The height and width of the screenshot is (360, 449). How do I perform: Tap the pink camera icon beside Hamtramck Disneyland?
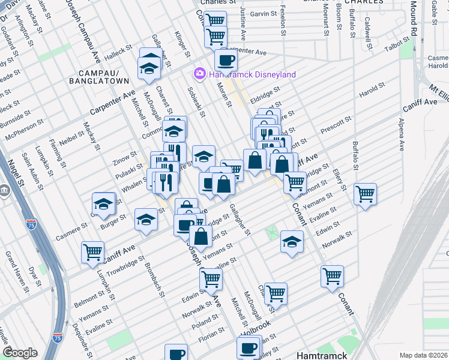(199, 74)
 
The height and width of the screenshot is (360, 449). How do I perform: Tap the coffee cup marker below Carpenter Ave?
(226, 61)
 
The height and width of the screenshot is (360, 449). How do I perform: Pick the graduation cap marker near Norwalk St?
(292, 242)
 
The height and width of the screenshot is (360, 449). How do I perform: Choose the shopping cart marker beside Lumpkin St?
(93, 253)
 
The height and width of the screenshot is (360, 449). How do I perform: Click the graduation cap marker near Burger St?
(104, 204)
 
